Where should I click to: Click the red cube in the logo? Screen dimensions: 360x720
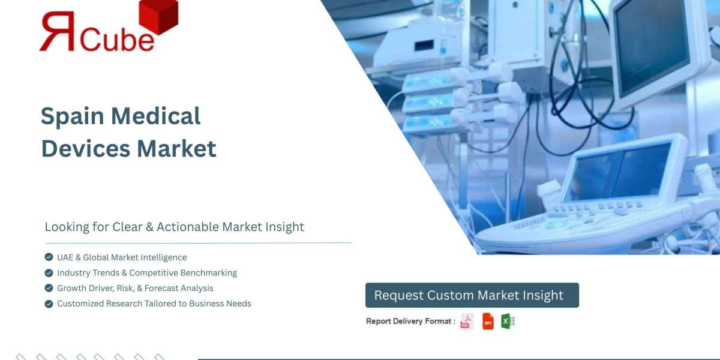(158, 16)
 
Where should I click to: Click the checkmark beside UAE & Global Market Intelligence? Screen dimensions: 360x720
(49, 257)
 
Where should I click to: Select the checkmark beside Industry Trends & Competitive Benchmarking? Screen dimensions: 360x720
(49, 273)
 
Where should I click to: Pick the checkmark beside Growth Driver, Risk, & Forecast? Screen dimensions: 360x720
(49, 288)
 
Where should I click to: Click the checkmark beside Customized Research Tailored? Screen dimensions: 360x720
(49, 304)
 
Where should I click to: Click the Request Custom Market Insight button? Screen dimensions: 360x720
(472, 295)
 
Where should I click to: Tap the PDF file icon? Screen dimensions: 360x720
(466, 322)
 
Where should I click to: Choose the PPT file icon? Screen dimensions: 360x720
(488, 322)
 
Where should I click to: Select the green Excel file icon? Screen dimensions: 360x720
(508, 322)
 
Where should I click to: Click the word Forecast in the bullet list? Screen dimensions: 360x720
(163, 288)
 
